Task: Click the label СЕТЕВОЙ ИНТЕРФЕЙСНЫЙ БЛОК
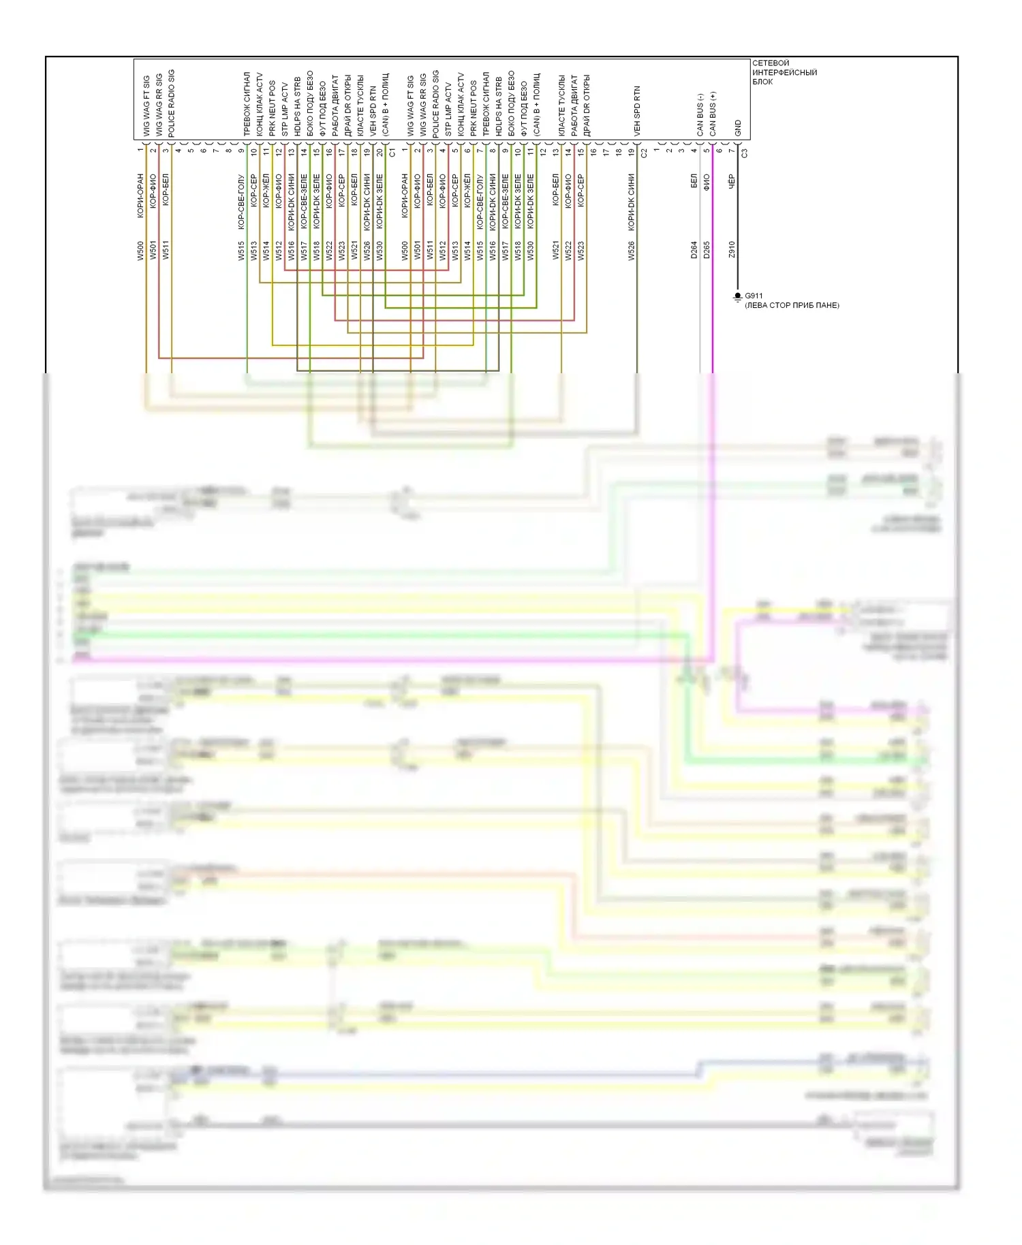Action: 784,72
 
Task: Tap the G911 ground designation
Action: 754,296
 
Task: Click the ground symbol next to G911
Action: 737,298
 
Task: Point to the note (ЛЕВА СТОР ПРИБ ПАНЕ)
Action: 792,306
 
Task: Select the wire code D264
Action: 694,250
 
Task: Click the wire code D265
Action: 707,250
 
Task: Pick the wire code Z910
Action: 732,250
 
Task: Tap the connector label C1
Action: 392,153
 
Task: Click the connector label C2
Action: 644,153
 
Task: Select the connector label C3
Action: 744,153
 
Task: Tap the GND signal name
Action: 738,128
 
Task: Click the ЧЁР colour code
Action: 732,181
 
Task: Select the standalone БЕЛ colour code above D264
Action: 694,181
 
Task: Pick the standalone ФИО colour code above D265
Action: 707,181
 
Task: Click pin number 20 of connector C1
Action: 380,153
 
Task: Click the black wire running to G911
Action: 737,272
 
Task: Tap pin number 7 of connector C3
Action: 732,151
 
